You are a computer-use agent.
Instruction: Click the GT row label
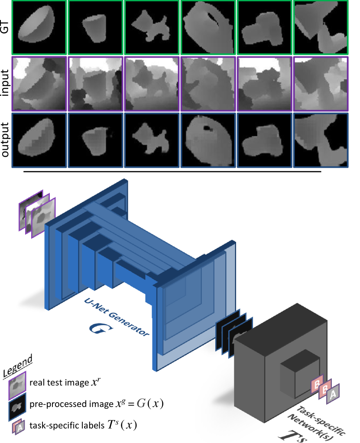[x=5, y=27]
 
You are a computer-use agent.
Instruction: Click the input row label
[x=5, y=83]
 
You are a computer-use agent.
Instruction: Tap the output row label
[x=5, y=140]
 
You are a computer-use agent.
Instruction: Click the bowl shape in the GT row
[x=36, y=24]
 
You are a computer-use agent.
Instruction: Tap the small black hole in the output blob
[x=208, y=129]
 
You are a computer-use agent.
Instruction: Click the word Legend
[x=18, y=366]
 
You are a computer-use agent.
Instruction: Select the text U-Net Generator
[x=117, y=317]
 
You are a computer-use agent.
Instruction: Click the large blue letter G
[x=101, y=329]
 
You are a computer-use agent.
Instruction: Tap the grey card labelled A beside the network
[x=333, y=394]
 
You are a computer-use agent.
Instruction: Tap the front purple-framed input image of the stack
[x=43, y=218]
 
